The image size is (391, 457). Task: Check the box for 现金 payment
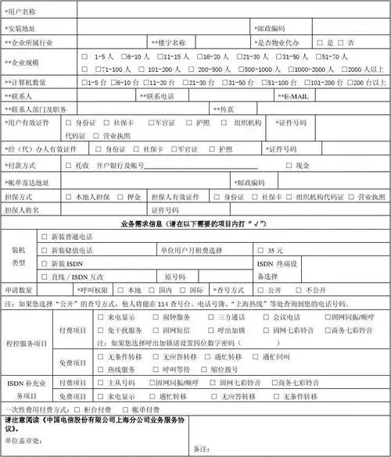point(289,166)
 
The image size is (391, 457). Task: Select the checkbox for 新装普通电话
point(45,237)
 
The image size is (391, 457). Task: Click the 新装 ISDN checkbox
point(45,264)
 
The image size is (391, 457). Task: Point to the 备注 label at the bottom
point(201,448)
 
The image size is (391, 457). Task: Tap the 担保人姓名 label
point(23,210)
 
